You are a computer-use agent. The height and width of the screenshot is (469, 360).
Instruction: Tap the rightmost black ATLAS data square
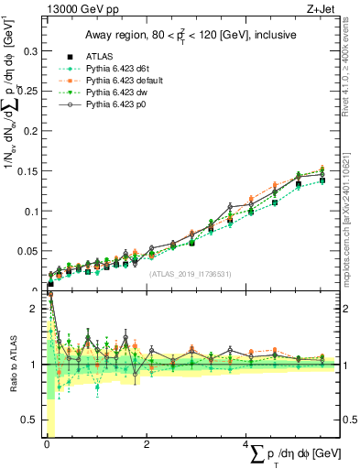tap(322, 180)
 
